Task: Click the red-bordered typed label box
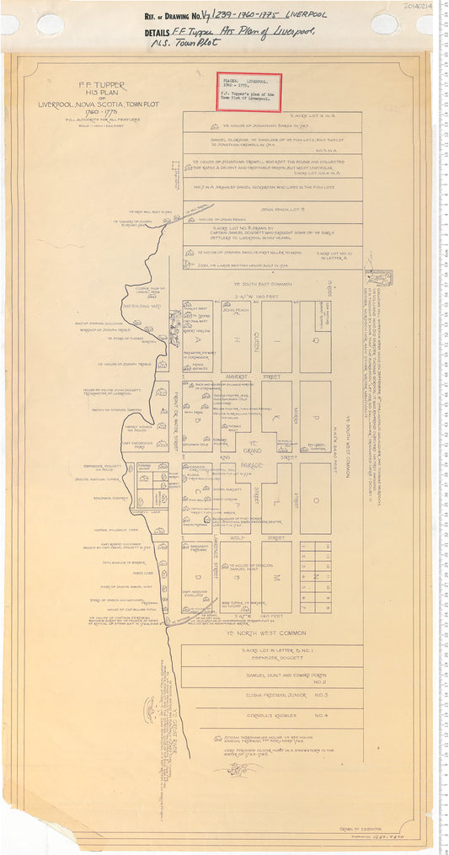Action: pyautogui.click(x=249, y=92)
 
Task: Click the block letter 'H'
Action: pyautogui.click(x=237, y=337)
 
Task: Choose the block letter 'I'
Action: pyautogui.click(x=276, y=337)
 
